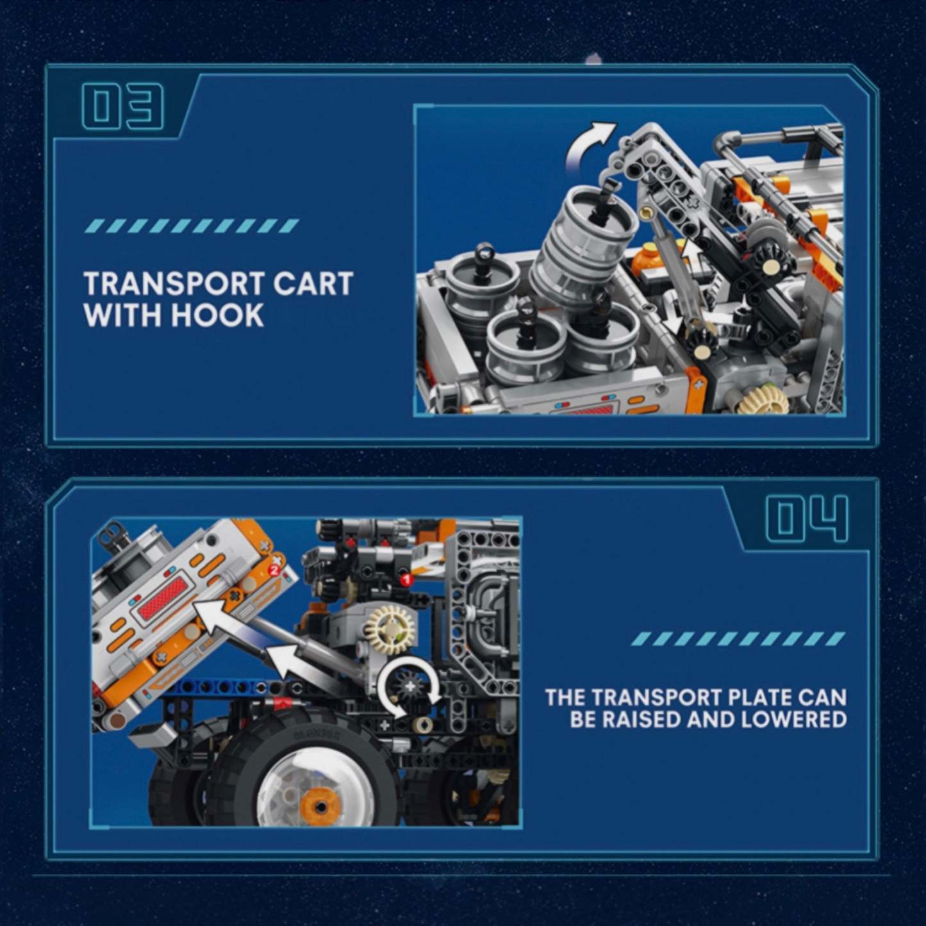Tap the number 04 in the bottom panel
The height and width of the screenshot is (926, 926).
coord(806,520)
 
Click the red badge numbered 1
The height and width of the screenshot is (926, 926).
coord(404,579)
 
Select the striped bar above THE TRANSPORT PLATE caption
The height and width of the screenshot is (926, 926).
coord(738,639)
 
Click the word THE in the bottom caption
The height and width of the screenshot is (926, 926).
coord(566,697)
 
